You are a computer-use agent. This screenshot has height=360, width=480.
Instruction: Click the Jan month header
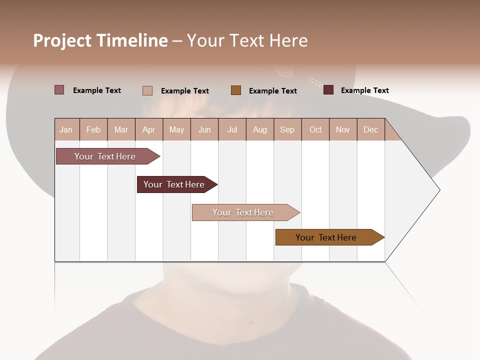[x=66, y=129]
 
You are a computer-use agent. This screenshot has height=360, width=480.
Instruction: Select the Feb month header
[x=93, y=129]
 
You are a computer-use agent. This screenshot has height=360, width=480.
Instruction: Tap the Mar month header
[x=121, y=129]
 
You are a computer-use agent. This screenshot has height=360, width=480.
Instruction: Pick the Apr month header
[x=149, y=129]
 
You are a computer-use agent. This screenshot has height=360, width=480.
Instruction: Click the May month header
[x=176, y=129]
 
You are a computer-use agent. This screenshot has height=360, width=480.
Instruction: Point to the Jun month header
[x=204, y=129]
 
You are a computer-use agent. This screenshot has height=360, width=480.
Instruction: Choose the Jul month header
[x=232, y=129]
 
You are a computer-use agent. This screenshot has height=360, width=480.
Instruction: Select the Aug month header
[x=260, y=129]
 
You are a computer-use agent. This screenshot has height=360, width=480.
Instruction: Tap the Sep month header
[x=287, y=129]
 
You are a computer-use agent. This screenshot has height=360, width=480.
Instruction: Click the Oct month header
[x=315, y=129]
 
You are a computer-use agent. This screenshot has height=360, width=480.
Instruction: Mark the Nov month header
[x=343, y=129]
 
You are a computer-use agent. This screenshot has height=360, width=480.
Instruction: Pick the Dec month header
[x=371, y=129]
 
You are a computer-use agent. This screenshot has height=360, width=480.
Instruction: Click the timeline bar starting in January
[x=105, y=156]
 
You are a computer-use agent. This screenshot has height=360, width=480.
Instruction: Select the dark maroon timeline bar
[x=174, y=184]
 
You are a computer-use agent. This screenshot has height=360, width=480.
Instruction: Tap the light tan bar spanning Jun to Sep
[x=243, y=212]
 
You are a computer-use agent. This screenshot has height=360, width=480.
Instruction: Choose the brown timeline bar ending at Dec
[x=326, y=237]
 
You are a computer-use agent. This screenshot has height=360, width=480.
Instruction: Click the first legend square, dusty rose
[x=59, y=90]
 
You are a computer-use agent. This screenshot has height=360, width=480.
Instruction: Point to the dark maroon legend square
[x=328, y=90]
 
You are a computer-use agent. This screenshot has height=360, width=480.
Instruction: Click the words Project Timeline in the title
[x=100, y=40]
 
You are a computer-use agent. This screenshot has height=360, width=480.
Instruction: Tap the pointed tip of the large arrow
[x=438, y=190]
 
